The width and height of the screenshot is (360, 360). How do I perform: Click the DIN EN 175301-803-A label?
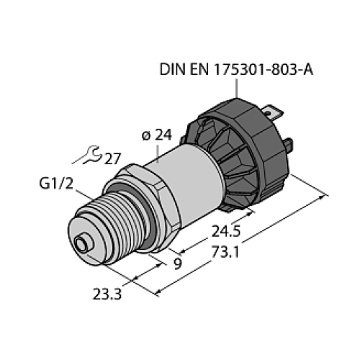point(238,70)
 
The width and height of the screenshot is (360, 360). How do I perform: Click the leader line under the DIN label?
point(237,89)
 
